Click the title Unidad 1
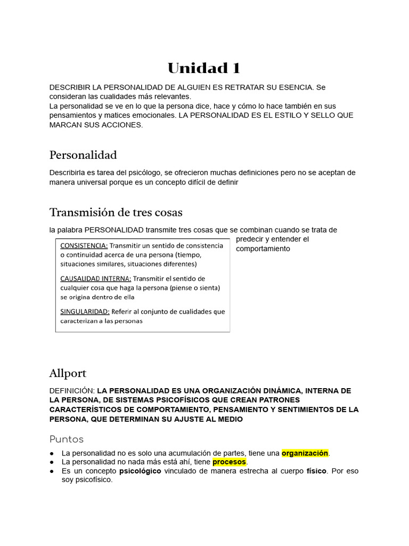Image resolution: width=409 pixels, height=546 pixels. click(204, 68)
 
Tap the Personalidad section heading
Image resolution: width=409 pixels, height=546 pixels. click(83, 155)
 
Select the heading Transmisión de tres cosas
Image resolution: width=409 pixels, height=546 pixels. click(116, 212)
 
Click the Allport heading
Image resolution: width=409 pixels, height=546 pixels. click(68, 373)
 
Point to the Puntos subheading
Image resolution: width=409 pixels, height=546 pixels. click(67, 439)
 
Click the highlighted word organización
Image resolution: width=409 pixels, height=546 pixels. click(305, 453)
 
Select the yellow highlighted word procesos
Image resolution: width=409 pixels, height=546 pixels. click(229, 462)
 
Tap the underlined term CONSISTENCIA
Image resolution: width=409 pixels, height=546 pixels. click(84, 246)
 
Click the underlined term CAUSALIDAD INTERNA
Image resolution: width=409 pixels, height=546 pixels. click(95, 278)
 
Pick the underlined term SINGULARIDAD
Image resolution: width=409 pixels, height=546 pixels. click(85, 311)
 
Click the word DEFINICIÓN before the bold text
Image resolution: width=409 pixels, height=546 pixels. click(72, 391)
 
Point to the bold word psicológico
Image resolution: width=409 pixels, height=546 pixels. click(140, 471)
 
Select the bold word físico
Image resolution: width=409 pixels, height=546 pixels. click(316, 471)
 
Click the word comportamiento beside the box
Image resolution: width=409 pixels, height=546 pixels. click(263, 248)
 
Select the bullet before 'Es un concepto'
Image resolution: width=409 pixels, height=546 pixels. click(52, 471)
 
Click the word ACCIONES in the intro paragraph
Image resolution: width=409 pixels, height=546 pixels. click(125, 125)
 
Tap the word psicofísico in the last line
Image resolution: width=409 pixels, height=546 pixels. click(94, 480)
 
